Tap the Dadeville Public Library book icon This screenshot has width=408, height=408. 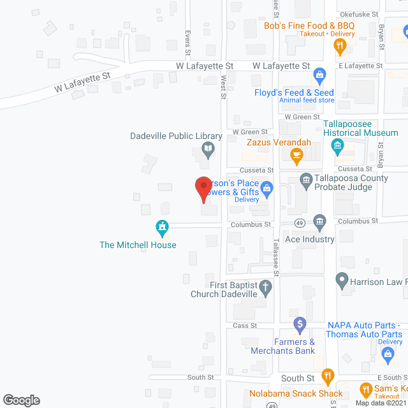(x=208, y=150)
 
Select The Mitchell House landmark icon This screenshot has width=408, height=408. (x=163, y=226)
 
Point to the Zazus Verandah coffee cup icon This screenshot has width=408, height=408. (x=296, y=155)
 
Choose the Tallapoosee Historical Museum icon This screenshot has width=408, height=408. (x=337, y=147)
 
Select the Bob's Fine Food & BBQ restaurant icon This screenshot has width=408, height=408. (x=340, y=45)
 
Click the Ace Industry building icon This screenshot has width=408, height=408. (x=319, y=222)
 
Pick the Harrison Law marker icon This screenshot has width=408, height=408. (x=342, y=279)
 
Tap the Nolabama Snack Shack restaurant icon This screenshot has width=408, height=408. (x=328, y=375)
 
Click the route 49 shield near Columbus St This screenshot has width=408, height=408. (x=299, y=222)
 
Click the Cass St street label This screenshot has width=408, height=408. (x=244, y=325)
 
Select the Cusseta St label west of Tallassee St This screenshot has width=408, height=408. (x=256, y=170)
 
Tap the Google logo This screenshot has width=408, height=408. (x=20, y=400)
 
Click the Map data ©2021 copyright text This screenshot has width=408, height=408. (x=381, y=403)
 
